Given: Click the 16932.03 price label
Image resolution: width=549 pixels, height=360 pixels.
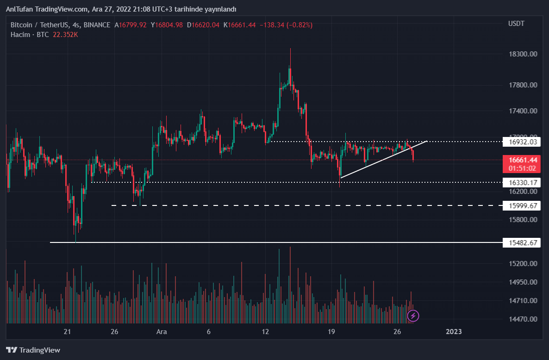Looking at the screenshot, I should (521, 142).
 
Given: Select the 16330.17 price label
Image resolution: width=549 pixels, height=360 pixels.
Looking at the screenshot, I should (521, 183).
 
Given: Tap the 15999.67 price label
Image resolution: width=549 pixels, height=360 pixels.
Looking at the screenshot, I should (521, 205).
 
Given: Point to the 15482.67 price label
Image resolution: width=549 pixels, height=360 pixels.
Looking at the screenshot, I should (521, 242).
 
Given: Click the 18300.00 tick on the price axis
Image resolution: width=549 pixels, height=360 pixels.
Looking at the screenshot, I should (523, 54).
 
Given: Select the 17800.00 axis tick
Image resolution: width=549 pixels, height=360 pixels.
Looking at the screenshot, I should (523, 85).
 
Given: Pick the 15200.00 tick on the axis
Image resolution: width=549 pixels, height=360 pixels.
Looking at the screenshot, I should (523, 264).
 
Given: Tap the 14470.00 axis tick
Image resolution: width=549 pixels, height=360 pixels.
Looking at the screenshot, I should (523, 319).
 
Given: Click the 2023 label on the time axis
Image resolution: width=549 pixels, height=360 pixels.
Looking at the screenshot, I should (454, 332).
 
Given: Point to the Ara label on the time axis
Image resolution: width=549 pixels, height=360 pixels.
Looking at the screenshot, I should (162, 332).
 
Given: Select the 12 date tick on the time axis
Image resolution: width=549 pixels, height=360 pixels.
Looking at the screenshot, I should (265, 332).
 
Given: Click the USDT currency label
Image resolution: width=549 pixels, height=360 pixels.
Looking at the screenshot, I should (516, 24).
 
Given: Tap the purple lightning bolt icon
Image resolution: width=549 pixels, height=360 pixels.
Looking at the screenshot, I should (413, 316).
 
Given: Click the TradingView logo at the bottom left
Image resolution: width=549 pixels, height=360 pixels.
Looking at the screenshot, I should (33, 350).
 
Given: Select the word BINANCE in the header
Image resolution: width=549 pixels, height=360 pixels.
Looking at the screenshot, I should (97, 25).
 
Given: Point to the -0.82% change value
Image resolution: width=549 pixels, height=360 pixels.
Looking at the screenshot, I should (299, 25).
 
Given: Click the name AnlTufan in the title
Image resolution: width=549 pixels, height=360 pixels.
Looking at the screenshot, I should (18, 9).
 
